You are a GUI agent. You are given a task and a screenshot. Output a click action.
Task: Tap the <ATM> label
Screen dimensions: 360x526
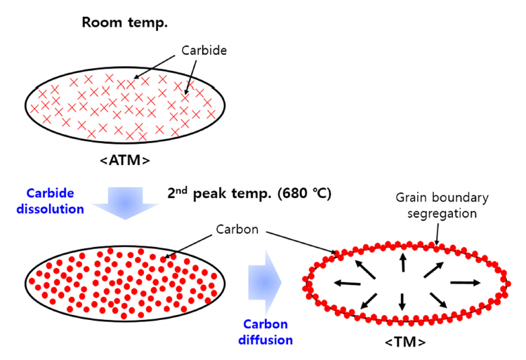pos(124,160)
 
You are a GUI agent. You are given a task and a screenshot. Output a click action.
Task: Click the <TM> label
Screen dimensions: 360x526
pos(404,342)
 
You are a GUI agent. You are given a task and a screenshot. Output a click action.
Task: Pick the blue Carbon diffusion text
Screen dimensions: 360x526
pos(268,333)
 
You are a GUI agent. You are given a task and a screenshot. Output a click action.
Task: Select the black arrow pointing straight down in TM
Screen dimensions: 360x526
pos(402,302)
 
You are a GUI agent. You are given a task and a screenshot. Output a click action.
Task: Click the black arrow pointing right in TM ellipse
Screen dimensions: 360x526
pos(466,282)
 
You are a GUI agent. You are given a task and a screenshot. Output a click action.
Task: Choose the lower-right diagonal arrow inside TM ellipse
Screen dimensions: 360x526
pos(438,300)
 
